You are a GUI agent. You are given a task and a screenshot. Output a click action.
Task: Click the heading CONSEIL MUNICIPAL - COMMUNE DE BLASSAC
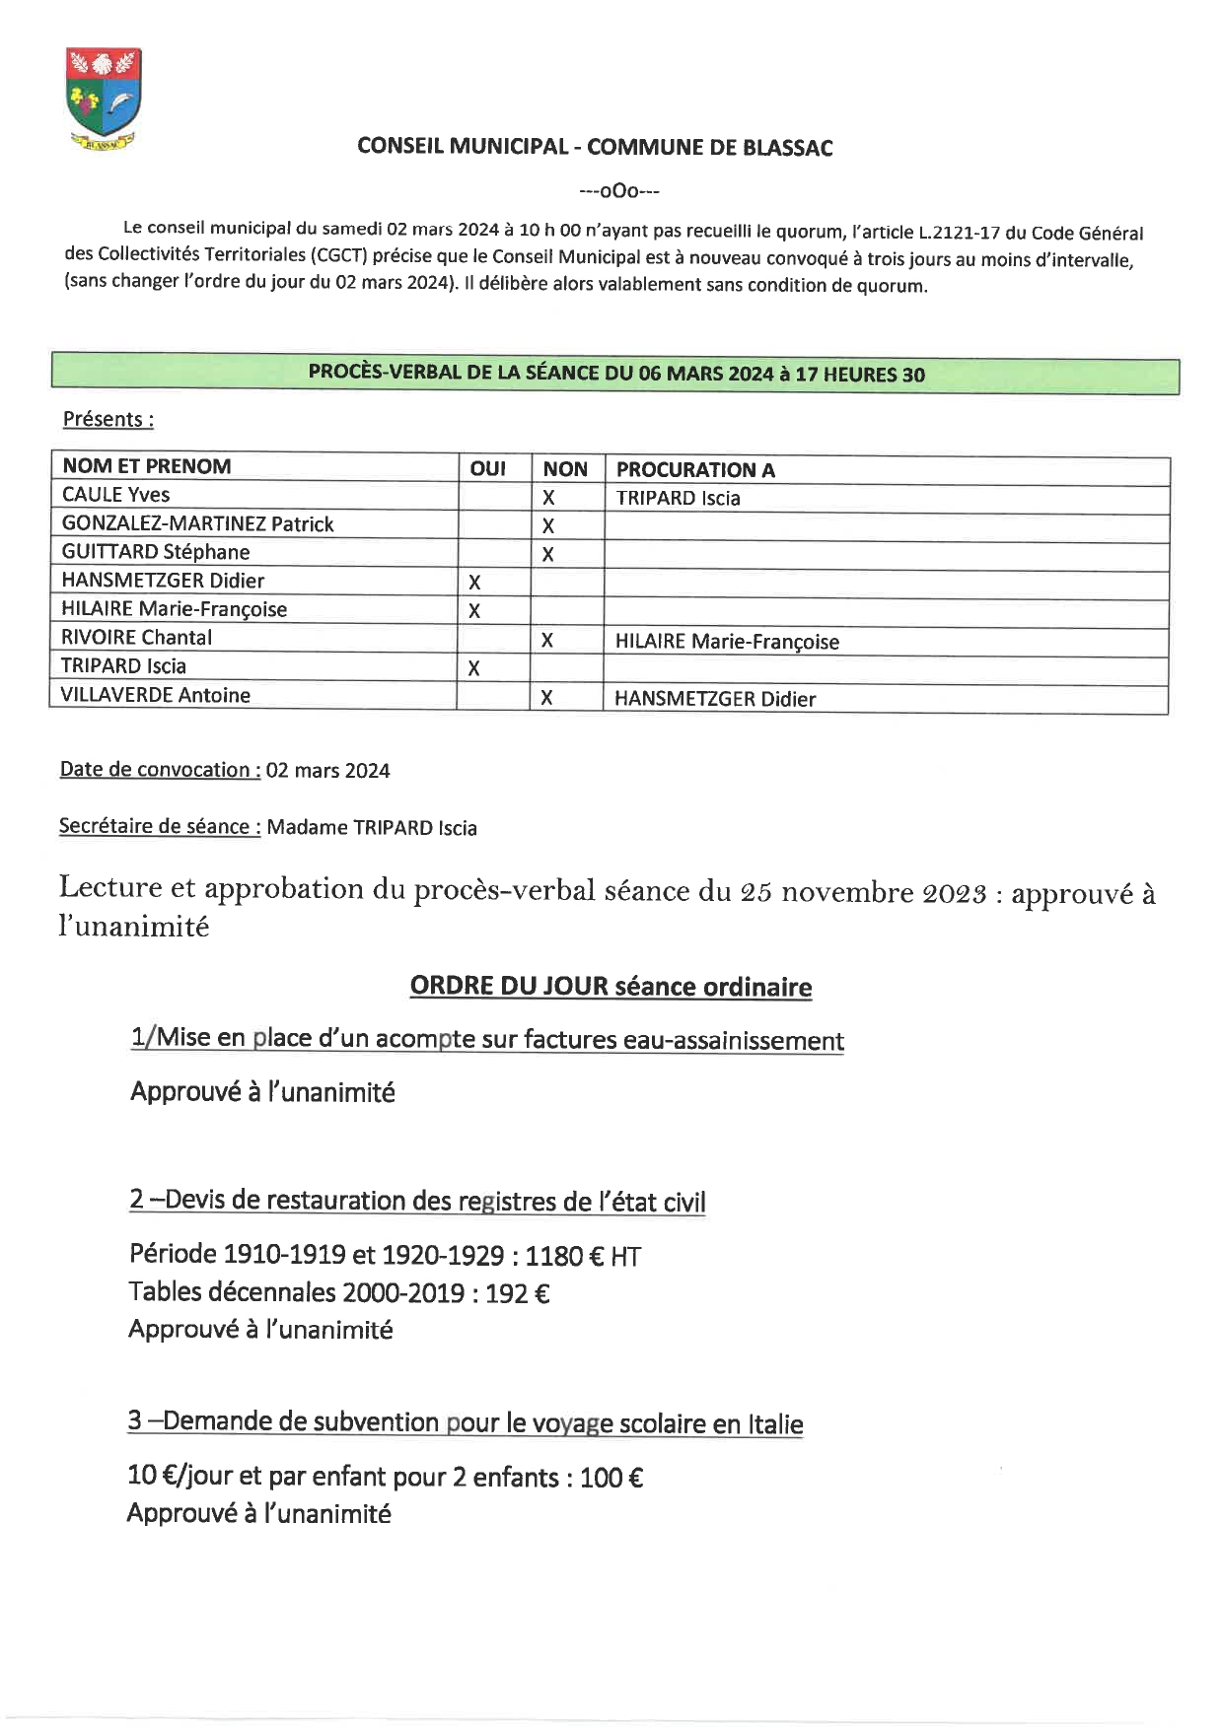[x=595, y=148]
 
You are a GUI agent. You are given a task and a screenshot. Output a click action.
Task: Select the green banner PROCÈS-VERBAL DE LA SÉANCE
[x=615, y=374]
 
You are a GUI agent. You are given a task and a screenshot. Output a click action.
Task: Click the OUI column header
[x=487, y=469]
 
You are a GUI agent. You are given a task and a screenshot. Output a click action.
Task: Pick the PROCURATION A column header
[x=695, y=470]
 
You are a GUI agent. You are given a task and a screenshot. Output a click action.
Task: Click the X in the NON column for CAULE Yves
[x=548, y=498]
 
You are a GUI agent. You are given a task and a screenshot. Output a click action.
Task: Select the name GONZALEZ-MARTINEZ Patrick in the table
[x=197, y=524]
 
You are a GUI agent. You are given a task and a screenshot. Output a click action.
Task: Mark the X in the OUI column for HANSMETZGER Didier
[x=474, y=583]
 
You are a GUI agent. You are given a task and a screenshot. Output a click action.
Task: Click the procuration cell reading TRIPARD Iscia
[x=678, y=499]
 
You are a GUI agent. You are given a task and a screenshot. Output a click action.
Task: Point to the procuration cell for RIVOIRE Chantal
[x=727, y=642]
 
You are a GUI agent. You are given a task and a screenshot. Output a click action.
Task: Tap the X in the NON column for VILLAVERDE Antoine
[x=546, y=698]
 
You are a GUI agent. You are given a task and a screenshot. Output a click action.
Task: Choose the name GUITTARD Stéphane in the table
[x=156, y=552]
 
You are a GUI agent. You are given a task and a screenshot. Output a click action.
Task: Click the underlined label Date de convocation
[x=160, y=770]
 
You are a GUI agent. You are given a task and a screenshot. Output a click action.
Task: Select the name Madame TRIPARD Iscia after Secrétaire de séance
[x=372, y=828]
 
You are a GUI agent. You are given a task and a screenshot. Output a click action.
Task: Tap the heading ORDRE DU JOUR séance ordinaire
[x=611, y=987]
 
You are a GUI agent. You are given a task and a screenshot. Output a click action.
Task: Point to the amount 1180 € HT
[x=582, y=1256]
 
